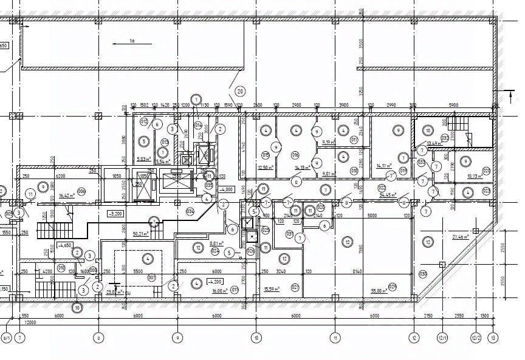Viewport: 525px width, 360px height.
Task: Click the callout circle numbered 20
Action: pos(240,92)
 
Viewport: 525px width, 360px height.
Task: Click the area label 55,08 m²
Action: pos(380,291)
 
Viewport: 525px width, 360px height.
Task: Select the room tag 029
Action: pos(393,286)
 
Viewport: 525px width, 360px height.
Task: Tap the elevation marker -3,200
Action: pos(115,214)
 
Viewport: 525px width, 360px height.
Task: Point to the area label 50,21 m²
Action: pos(141,234)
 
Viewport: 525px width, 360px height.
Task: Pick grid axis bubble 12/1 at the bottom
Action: pos(442,338)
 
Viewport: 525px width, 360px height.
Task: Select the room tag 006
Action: pos(81,191)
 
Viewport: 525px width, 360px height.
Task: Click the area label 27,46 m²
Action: pos(460,236)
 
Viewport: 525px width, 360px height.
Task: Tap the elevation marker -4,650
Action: pos(64,246)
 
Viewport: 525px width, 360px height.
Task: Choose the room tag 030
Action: pos(423,274)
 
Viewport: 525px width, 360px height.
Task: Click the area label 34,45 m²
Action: pos(388,195)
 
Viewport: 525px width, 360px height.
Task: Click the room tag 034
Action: pos(190,211)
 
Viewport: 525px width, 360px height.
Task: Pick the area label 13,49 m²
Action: pos(434,143)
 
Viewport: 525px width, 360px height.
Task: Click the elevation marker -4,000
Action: pos(227,189)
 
